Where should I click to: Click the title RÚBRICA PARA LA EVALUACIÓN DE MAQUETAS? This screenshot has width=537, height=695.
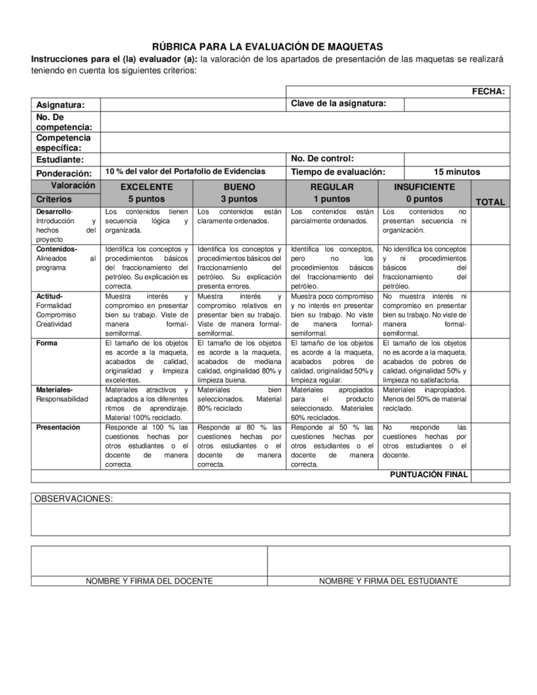click(x=267, y=47)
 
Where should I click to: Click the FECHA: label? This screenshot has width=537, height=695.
click(x=488, y=92)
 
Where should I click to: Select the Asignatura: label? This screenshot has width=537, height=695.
click(x=60, y=105)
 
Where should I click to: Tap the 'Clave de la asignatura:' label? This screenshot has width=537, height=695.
click(x=338, y=104)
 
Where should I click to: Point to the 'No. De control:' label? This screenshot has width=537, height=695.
click(x=322, y=159)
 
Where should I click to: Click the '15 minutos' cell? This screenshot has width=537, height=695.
click(x=456, y=172)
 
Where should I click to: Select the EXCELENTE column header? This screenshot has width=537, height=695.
click(x=147, y=187)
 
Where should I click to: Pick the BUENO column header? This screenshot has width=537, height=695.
click(x=239, y=187)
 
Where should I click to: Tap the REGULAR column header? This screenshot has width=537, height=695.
click(x=331, y=187)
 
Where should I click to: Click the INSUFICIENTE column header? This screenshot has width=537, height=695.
click(x=424, y=187)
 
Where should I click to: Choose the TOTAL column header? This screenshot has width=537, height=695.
click(x=490, y=202)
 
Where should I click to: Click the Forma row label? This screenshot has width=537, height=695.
click(x=47, y=343)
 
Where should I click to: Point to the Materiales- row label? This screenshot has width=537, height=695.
click(x=54, y=390)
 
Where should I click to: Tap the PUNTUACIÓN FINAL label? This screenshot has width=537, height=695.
click(x=428, y=475)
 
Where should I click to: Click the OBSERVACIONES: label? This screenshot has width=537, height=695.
click(x=73, y=499)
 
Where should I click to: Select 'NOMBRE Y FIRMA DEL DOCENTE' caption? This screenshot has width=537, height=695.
click(x=149, y=581)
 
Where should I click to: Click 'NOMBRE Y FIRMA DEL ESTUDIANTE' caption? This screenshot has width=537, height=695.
click(x=388, y=581)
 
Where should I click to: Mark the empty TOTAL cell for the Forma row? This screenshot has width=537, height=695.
click(x=490, y=361)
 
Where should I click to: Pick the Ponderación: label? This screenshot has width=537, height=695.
click(x=64, y=173)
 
